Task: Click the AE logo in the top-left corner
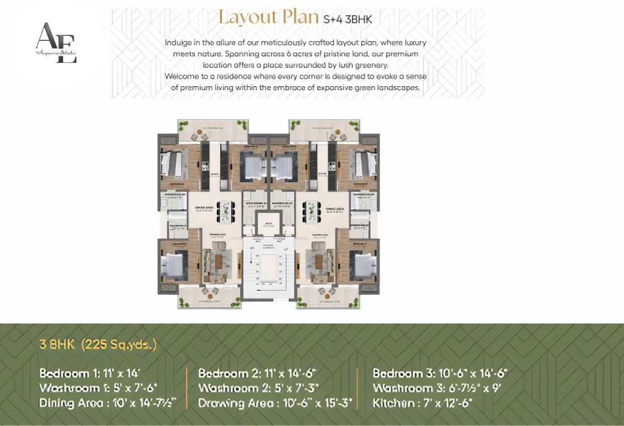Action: point(56,43)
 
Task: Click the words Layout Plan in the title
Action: point(268,17)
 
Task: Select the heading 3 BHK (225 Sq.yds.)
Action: point(98,344)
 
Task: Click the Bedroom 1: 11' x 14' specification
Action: point(89,373)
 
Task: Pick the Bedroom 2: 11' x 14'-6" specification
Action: point(257,373)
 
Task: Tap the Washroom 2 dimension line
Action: point(257,388)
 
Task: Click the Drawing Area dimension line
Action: point(275,403)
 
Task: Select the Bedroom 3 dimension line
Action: point(440,373)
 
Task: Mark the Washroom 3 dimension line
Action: point(436,388)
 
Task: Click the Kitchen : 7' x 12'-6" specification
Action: point(423,403)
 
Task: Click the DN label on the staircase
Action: point(252,249)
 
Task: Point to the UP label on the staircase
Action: point(286,249)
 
